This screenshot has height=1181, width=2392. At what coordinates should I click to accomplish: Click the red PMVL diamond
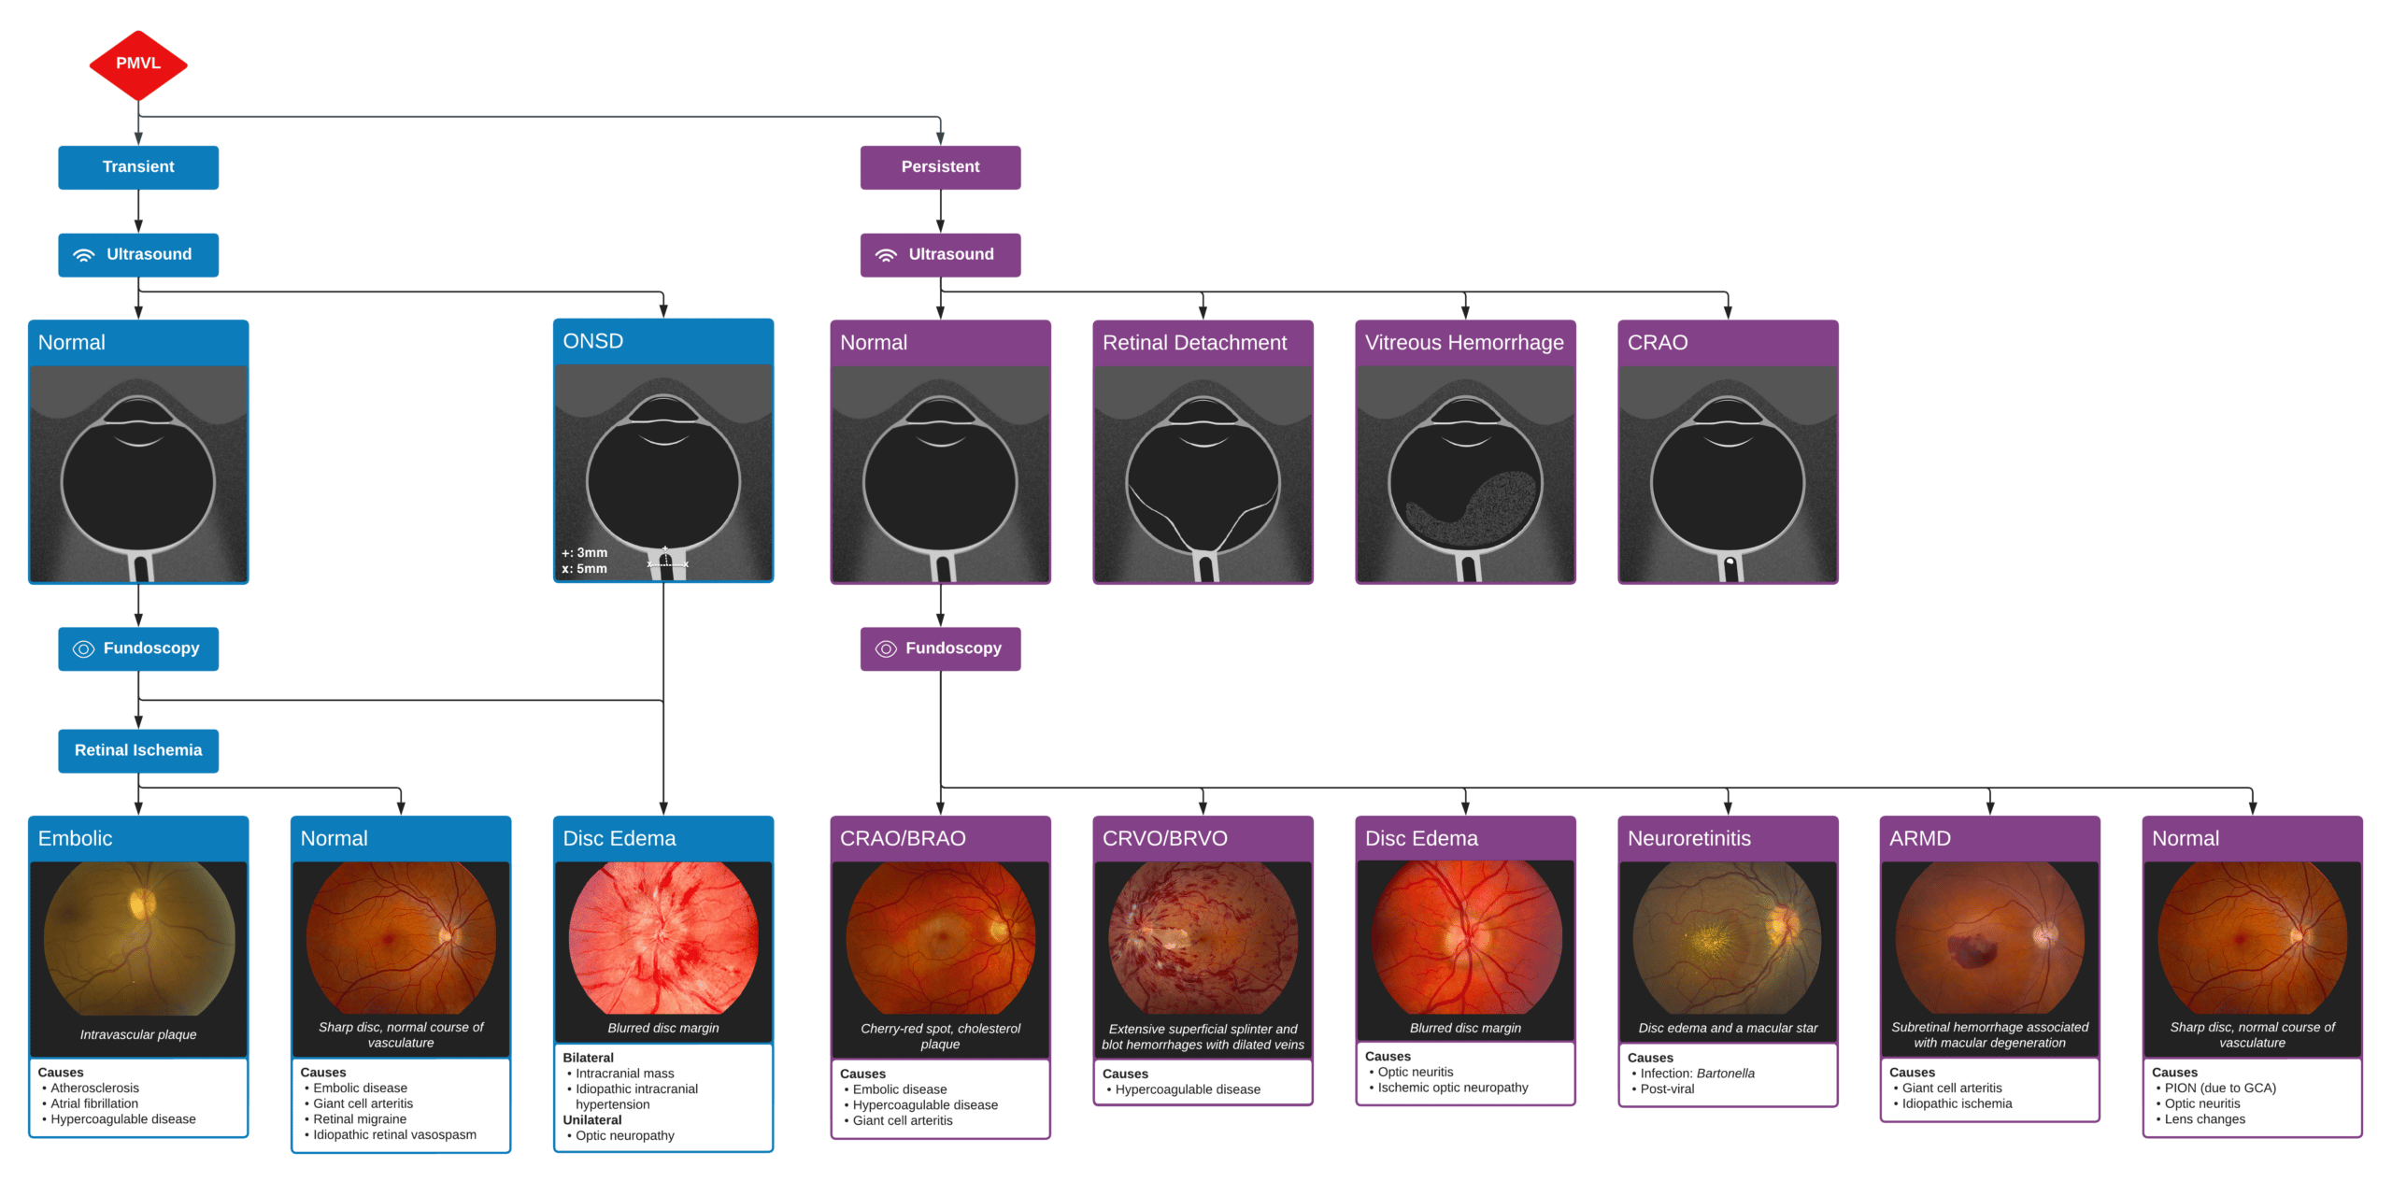click(x=138, y=64)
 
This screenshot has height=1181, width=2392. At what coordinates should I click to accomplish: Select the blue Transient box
click(x=138, y=167)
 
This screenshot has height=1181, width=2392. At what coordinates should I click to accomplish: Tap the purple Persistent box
click(x=940, y=167)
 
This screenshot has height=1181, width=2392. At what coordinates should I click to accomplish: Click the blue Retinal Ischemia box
click(x=138, y=750)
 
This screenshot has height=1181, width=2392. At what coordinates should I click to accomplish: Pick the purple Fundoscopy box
click(x=940, y=648)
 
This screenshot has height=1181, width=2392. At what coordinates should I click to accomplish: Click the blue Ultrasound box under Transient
click(x=138, y=255)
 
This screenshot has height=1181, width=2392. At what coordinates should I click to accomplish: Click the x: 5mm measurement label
click(x=585, y=568)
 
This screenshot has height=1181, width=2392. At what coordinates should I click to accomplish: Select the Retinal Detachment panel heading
click(x=1194, y=343)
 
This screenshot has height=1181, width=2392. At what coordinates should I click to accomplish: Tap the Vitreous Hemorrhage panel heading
click(x=1463, y=343)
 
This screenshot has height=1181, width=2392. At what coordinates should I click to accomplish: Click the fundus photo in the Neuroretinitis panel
click(x=1727, y=937)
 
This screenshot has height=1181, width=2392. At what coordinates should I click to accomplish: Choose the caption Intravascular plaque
click(x=138, y=1034)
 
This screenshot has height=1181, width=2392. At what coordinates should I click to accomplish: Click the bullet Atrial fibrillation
click(x=94, y=1103)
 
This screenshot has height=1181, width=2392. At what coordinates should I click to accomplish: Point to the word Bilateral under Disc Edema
click(x=588, y=1058)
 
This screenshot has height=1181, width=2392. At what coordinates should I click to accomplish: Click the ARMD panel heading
click(x=1920, y=838)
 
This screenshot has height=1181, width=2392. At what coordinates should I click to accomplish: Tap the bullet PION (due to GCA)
click(x=2219, y=1088)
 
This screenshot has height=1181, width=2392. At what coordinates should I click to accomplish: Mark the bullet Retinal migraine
click(x=360, y=1118)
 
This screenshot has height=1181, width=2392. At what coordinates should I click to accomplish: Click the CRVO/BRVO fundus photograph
click(x=1203, y=937)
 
